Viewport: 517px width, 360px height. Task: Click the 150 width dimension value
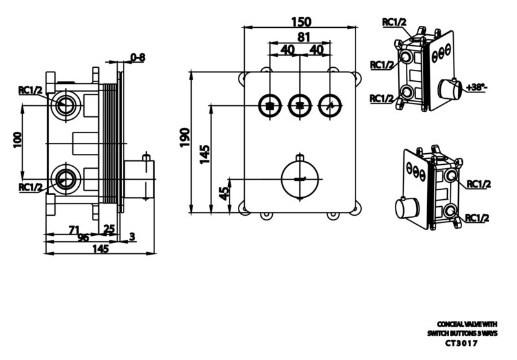[x=301, y=22]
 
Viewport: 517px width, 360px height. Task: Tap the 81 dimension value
[x=304, y=37]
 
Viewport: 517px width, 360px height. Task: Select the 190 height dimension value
[x=185, y=138]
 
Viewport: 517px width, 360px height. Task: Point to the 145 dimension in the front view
[x=205, y=154]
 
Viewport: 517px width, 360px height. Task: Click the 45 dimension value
[x=224, y=193]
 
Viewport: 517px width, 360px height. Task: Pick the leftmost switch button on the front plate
[x=270, y=106]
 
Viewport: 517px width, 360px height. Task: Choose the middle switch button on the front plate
[x=300, y=106]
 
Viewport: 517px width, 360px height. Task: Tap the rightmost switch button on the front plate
[x=330, y=106]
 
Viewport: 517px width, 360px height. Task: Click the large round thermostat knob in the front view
[x=300, y=179]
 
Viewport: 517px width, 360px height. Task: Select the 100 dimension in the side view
[x=17, y=140]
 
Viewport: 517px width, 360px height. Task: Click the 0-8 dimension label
[x=138, y=58]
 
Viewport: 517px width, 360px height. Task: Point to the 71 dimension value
[x=75, y=229]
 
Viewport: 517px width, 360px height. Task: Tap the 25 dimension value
[x=109, y=229]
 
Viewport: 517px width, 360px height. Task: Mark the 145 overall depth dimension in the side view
[x=100, y=249]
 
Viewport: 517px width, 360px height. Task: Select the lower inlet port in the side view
[x=66, y=179]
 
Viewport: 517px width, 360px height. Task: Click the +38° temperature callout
[x=477, y=88]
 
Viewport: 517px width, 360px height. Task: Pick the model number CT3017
[x=461, y=343]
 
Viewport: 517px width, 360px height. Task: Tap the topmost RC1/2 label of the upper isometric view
[x=394, y=22]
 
